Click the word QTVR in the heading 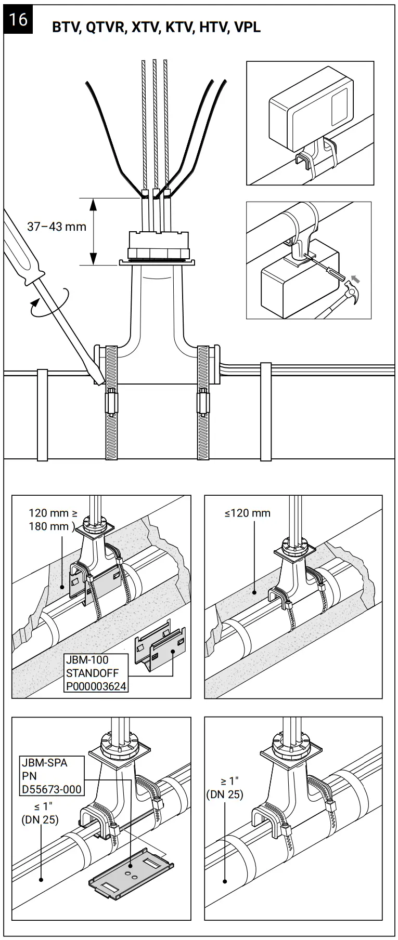106,28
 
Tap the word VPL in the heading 248,28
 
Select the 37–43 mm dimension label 57,227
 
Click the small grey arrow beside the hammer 356,281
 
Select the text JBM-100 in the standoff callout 87,660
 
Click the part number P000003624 96,686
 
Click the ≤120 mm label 248,513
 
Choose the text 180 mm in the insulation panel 48,526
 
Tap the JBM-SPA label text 44,763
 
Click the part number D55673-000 52,789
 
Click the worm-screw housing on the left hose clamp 111,401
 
